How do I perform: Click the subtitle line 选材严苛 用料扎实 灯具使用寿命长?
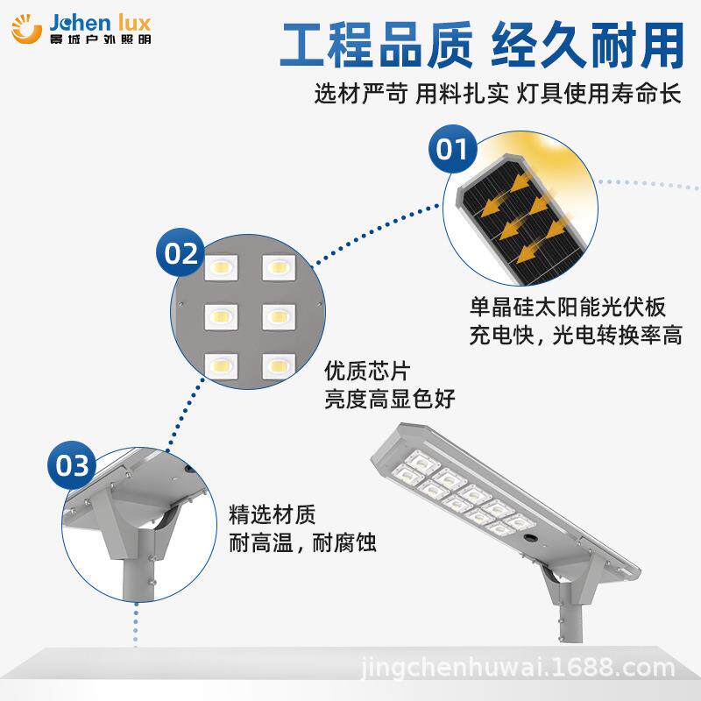(498, 96)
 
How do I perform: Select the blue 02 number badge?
(182, 254)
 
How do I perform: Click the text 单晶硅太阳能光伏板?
(568, 308)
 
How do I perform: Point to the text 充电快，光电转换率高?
(576, 336)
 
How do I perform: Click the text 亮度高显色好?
(390, 399)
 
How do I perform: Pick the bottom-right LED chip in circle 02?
(277, 362)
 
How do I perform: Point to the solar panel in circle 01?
(517, 210)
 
